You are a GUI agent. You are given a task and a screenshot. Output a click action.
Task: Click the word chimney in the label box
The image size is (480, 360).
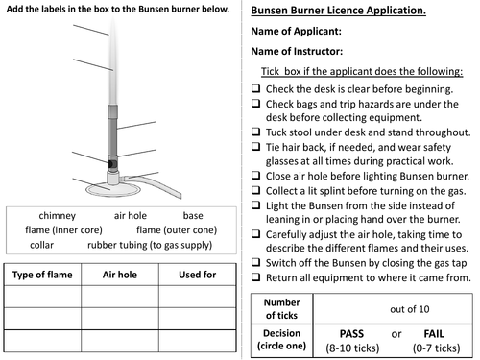[x=58, y=216]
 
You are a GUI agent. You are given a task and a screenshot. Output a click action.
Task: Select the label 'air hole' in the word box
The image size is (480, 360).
[x=131, y=215]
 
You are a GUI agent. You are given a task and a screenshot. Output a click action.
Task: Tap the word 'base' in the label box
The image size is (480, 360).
[x=193, y=215]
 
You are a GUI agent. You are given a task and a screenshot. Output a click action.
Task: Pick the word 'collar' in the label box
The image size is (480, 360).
[x=41, y=245]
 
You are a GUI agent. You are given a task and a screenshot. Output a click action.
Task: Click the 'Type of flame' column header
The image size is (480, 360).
[x=42, y=275]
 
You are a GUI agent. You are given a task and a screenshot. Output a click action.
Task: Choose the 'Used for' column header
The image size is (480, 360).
[x=198, y=275]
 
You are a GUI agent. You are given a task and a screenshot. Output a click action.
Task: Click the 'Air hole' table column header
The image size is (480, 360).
[x=120, y=275]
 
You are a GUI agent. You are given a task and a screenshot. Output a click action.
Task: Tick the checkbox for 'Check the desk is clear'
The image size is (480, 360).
[x=255, y=88]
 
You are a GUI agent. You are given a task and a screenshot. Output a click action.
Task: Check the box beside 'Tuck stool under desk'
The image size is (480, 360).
[x=255, y=132]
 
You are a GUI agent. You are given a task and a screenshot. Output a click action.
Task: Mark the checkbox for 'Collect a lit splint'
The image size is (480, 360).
[x=255, y=190]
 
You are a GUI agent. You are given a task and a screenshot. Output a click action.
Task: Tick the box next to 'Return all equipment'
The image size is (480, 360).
[x=255, y=276]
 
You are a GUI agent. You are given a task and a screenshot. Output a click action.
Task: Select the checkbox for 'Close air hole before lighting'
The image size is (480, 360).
[x=255, y=175]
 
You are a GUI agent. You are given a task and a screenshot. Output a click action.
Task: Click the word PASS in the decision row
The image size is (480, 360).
[x=351, y=334]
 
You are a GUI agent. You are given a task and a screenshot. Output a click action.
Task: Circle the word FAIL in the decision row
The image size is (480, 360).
[x=434, y=334]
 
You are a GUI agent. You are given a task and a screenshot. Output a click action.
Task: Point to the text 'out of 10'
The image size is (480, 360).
[x=410, y=309]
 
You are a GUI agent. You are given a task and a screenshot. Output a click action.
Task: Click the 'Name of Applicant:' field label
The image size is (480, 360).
[x=296, y=31]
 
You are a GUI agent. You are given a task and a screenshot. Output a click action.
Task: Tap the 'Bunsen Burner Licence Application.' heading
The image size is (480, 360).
[x=338, y=11]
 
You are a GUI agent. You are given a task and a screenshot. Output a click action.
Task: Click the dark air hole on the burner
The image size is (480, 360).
[x=112, y=164]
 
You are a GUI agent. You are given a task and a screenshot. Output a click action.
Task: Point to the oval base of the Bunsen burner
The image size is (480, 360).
[x=113, y=189]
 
